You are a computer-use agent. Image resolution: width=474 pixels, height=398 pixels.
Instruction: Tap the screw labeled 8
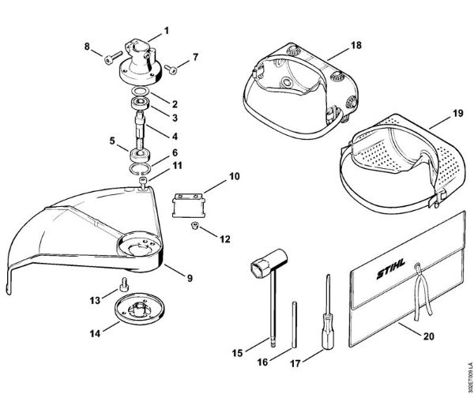click(114, 56)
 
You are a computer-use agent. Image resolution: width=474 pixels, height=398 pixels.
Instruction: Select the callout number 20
click(429, 336)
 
